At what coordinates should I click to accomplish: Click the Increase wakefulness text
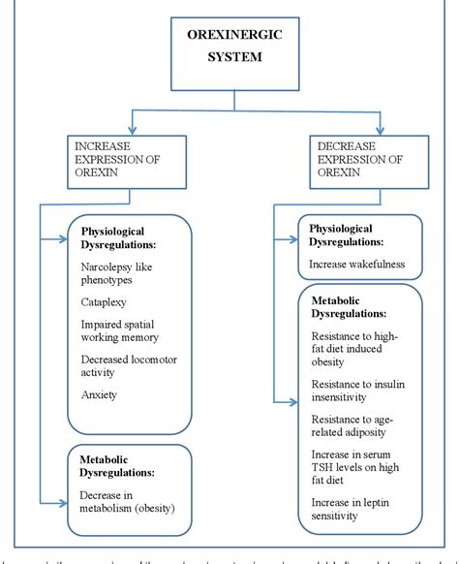357,263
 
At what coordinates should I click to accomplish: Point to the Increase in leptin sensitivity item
354,509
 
